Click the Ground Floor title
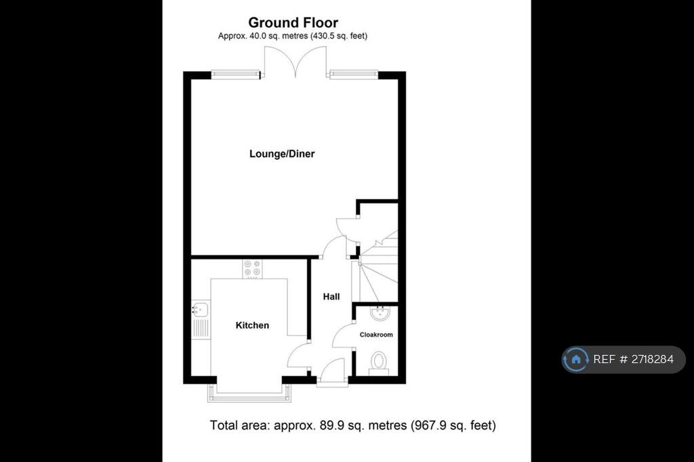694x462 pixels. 293,22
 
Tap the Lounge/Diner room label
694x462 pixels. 282,154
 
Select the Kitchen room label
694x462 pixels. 252,325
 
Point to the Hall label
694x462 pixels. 331,297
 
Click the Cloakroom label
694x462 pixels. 376,335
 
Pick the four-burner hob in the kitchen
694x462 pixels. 252,269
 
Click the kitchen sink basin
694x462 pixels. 201,308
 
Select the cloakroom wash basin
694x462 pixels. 380,312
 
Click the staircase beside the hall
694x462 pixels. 378,266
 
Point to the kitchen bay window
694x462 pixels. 249,393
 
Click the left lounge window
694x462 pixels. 235,75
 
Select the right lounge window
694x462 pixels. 354,75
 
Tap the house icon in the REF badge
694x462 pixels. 576,359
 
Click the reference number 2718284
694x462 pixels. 653,359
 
